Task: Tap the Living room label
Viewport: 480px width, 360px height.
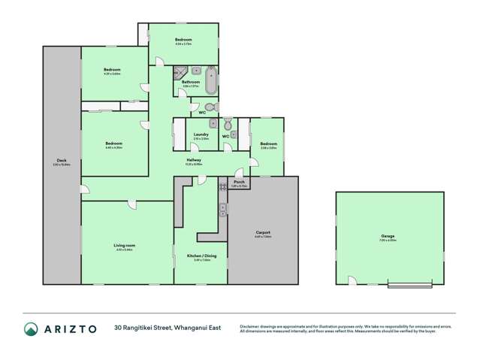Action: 125,245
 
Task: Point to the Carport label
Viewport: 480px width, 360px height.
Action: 263,232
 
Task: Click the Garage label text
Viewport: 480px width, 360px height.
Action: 388,237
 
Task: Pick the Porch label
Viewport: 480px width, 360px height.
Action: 239,181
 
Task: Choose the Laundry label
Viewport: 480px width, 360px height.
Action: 201,135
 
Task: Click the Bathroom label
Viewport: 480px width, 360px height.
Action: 191,82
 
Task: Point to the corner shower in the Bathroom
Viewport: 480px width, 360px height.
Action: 180,72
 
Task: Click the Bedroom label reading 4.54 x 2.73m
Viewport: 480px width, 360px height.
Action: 183,40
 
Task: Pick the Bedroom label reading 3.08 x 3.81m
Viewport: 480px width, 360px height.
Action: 268,144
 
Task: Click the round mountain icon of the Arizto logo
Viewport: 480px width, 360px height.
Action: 32,328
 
